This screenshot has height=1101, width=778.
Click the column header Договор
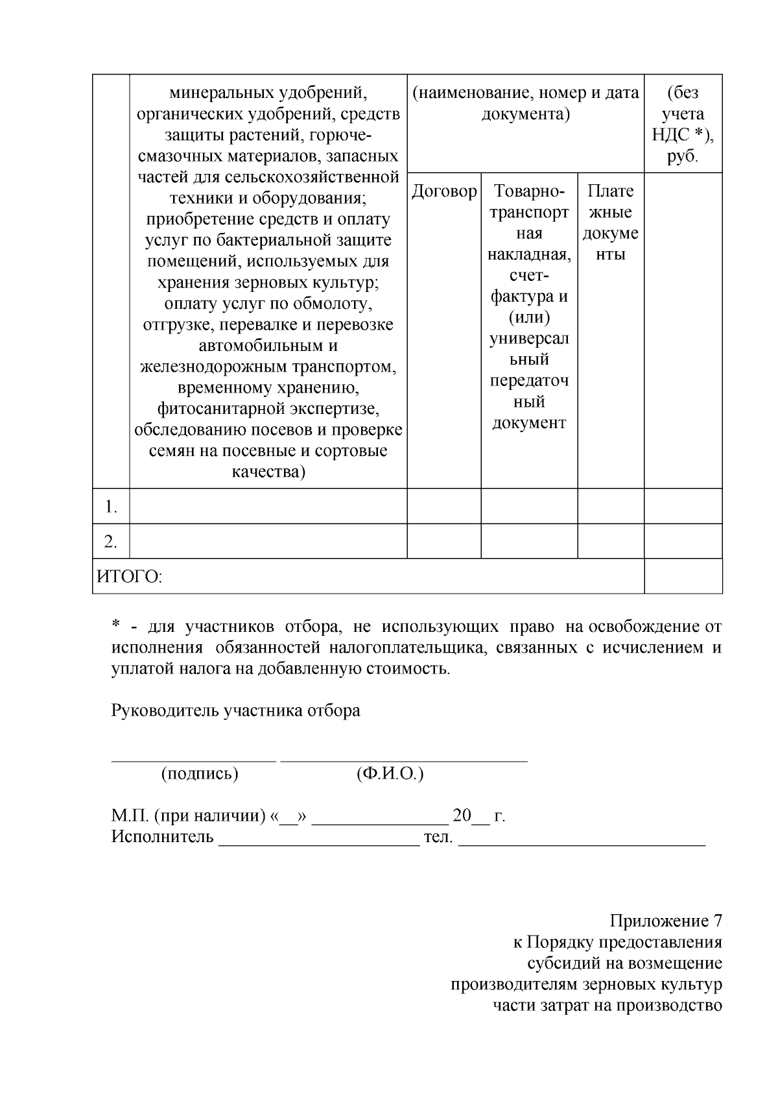click(444, 192)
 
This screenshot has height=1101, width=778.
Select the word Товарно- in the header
click(529, 191)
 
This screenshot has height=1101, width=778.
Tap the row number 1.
click(111, 507)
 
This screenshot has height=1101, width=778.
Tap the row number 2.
click(111, 541)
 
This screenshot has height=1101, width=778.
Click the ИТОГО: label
click(130, 576)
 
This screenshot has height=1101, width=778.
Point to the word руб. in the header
click(683, 156)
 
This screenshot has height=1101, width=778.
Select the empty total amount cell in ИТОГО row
click(683, 576)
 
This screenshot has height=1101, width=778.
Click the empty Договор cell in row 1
click(444, 506)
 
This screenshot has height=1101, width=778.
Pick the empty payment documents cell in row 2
click(611, 541)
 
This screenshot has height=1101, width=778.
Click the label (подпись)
click(200, 773)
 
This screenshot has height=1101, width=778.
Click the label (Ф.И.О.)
click(390, 773)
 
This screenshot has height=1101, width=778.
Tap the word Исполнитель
click(163, 836)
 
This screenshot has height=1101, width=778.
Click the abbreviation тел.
click(438, 836)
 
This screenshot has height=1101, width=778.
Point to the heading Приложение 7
click(666, 921)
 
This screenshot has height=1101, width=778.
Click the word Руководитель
click(165, 710)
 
